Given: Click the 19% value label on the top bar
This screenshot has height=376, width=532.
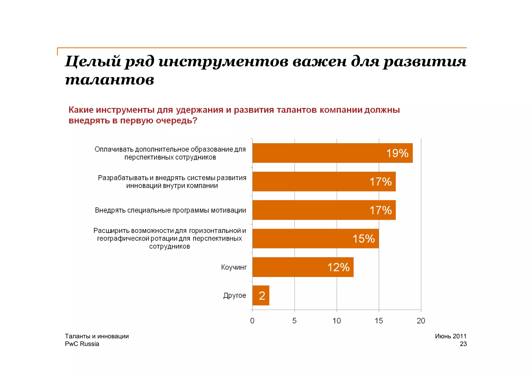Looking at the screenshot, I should (397, 153).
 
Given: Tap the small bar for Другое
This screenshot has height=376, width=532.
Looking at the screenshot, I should (261, 295).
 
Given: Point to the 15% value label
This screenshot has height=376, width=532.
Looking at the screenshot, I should (363, 239).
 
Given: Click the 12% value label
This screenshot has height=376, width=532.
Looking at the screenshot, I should (338, 267).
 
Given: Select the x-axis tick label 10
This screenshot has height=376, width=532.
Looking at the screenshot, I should (337, 321).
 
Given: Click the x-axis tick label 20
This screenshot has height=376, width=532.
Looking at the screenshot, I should (421, 321).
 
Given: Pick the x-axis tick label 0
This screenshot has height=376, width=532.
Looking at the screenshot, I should (252, 321).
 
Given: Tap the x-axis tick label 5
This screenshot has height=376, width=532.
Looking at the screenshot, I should (294, 321).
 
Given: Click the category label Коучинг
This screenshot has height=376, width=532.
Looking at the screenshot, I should (234, 267).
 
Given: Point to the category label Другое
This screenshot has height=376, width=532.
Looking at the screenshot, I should (235, 295).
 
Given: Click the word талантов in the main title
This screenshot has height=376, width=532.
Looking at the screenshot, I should (109, 80).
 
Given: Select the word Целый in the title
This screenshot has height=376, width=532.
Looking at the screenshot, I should (93, 62).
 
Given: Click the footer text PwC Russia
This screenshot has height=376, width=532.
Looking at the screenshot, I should (82, 344).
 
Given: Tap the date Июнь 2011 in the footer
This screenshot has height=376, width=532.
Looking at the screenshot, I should (451, 336).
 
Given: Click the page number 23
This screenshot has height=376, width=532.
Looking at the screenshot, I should (463, 344).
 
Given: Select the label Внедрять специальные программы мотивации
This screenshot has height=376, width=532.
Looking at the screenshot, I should (170, 210).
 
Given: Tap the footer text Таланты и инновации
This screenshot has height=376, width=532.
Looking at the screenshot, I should (97, 336).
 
